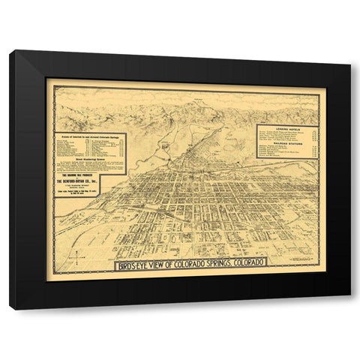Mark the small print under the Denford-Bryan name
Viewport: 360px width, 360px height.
tap(79, 192)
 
